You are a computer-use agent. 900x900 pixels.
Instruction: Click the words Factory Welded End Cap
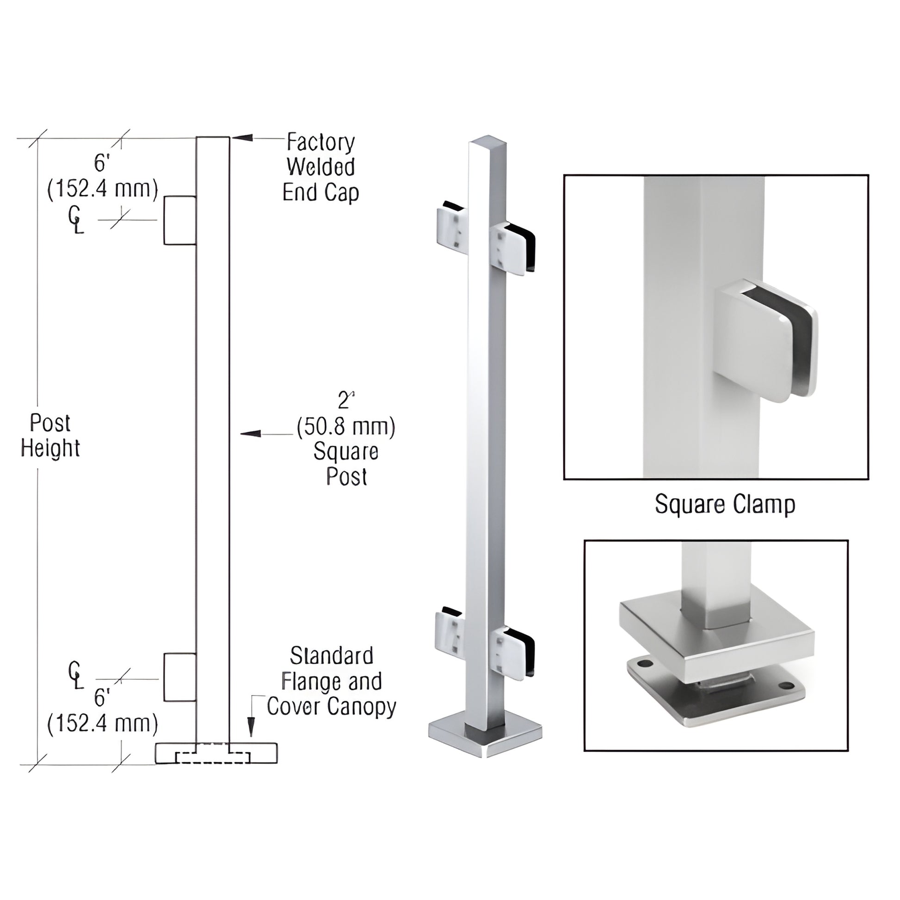321,167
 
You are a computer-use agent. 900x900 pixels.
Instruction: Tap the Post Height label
50,436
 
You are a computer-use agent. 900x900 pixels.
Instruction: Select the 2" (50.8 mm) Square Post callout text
345,439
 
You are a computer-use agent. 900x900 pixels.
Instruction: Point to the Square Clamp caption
724,504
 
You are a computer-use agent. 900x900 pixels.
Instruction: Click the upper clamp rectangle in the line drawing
180,220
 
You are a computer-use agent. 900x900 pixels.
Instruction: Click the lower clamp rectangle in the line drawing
180,678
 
